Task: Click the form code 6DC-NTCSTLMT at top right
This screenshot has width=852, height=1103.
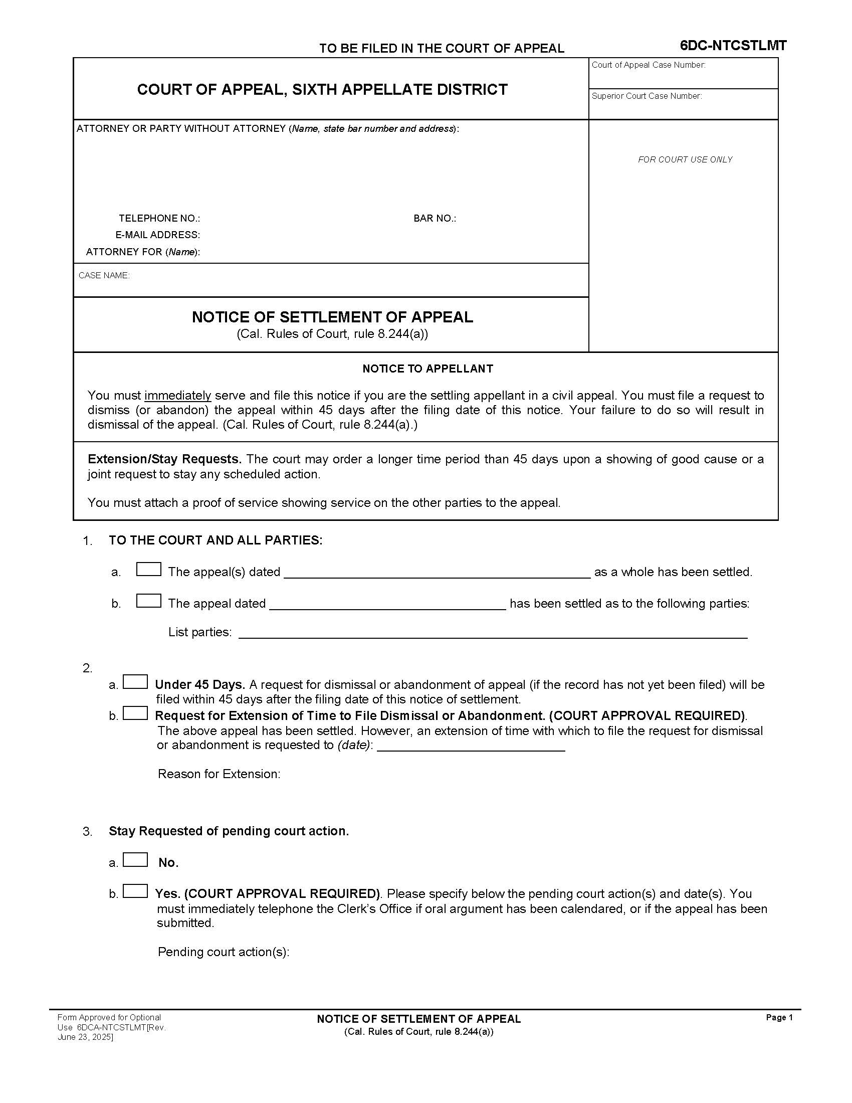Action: [x=733, y=46]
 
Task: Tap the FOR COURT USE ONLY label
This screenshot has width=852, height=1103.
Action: [x=685, y=159]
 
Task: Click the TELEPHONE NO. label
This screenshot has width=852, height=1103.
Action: [x=159, y=219]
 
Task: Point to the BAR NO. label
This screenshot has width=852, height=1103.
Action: [x=435, y=219]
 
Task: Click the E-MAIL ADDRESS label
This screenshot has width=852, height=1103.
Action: [x=157, y=235]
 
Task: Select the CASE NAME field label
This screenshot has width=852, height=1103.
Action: [x=104, y=276]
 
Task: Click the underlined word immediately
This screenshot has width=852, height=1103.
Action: [x=178, y=396]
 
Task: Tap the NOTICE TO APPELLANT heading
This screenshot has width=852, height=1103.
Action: [x=428, y=369]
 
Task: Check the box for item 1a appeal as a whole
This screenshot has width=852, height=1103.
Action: [x=148, y=570]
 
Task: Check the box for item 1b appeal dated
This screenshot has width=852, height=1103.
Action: [x=148, y=601]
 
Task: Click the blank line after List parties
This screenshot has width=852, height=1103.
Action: [x=492, y=634]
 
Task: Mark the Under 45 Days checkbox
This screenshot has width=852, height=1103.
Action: [x=135, y=682]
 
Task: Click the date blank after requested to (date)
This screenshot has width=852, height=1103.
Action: [x=471, y=746]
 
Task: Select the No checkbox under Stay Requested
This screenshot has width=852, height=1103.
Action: [x=135, y=860]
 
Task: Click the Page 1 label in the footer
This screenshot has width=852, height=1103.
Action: [x=779, y=1018]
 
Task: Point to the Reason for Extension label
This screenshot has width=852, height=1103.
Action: [x=219, y=774]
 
